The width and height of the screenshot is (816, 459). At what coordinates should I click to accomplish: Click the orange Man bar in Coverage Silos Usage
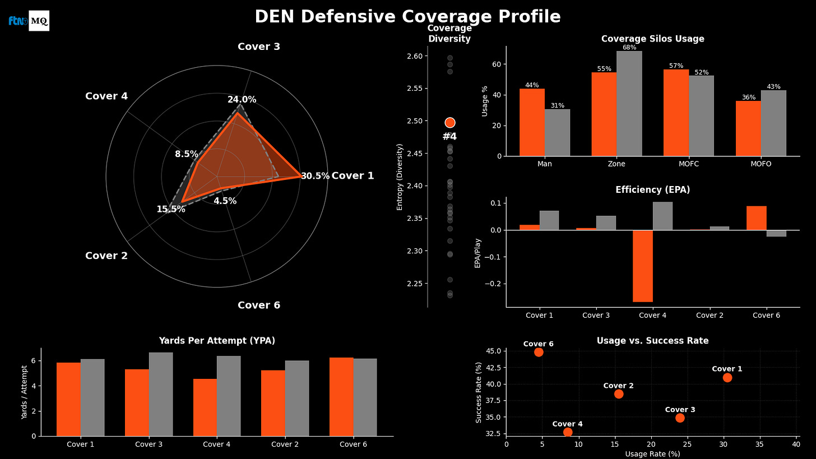[532, 122]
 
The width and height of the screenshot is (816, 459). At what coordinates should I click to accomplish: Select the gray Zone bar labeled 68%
[629, 104]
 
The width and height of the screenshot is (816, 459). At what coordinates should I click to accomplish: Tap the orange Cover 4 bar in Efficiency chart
[642, 266]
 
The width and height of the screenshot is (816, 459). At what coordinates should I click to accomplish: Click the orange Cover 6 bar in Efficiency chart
[756, 218]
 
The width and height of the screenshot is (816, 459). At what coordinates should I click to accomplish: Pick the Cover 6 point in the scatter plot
[539, 352]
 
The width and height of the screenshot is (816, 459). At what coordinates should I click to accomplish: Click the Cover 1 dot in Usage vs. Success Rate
[727, 377]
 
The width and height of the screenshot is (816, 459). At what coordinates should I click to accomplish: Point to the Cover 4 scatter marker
[568, 432]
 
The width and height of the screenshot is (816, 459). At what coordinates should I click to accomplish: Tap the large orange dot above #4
[450, 123]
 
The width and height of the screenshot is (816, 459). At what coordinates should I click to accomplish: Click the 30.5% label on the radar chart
[315, 176]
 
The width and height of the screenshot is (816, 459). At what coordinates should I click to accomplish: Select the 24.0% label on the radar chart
[242, 100]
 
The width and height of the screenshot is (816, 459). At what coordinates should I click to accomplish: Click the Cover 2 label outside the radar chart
[106, 256]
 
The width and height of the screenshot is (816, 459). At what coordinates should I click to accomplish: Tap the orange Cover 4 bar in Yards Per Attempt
[205, 407]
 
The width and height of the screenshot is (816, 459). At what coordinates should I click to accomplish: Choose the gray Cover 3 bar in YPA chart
[161, 394]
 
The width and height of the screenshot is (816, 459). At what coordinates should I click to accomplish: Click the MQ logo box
[39, 21]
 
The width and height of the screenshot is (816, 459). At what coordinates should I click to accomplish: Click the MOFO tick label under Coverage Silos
[761, 164]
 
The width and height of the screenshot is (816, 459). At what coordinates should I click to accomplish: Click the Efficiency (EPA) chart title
[652, 190]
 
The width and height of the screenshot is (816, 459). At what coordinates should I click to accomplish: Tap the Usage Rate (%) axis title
[652, 453]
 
